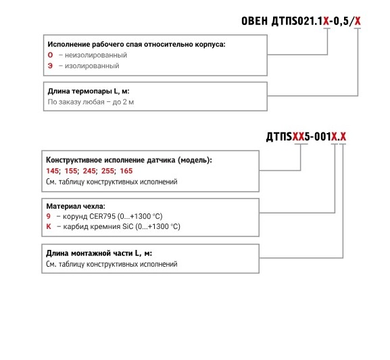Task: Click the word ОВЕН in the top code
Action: pyautogui.click(x=254, y=21)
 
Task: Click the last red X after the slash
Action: pyautogui.click(x=358, y=21)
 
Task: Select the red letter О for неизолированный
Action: pyautogui.click(x=50, y=55)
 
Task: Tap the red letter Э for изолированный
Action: pyautogui.click(x=50, y=66)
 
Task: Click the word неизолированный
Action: pyautogui.click(x=96, y=55)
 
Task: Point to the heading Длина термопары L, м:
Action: pyautogui.click(x=89, y=91)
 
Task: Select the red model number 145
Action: pyautogui.click(x=53, y=171)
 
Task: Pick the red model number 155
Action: pyautogui.click(x=71, y=171)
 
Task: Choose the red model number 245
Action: pyautogui.click(x=89, y=171)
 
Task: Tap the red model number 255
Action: pyautogui.click(x=107, y=171)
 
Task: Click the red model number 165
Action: pyautogui.click(x=126, y=171)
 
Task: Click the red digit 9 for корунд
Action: pyautogui.click(x=49, y=216)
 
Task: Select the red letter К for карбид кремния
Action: pyautogui.click(x=49, y=226)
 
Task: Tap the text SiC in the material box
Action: pyautogui.click(x=128, y=226)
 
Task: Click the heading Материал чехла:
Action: pyautogui.click(x=76, y=206)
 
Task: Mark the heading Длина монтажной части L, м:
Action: pyautogui.click(x=99, y=253)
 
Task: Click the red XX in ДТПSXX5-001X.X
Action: pyautogui.click(x=298, y=136)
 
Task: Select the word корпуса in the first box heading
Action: pyautogui.click(x=210, y=45)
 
